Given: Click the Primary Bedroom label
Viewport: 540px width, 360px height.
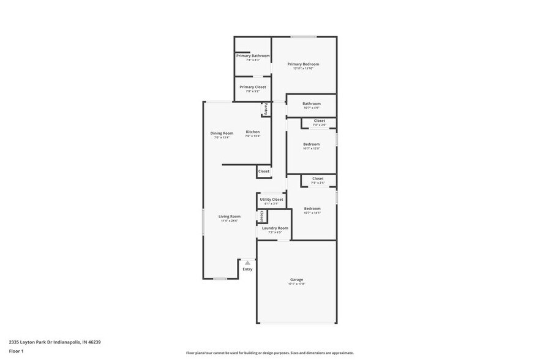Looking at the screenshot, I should (x=303, y=64).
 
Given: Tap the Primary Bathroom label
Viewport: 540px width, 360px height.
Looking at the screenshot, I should (x=253, y=56).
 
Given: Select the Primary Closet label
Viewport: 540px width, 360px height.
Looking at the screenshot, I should (x=253, y=87).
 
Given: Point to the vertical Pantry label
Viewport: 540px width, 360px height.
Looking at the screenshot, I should (x=266, y=109).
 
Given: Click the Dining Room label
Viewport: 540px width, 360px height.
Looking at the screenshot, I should (x=222, y=133).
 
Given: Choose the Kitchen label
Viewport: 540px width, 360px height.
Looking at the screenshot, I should (x=253, y=132).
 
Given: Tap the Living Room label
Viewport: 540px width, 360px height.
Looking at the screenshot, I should (x=230, y=216).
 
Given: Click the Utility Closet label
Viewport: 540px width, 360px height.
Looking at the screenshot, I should (x=271, y=200).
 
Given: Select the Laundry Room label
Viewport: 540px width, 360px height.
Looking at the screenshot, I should (x=275, y=228).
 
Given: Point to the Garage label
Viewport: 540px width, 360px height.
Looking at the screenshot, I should (x=296, y=280).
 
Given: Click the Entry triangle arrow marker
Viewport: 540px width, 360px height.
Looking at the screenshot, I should (x=247, y=263).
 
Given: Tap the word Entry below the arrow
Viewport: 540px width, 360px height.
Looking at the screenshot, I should (x=247, y=269).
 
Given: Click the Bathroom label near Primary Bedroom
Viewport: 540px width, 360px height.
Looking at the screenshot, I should (x=312, y=103).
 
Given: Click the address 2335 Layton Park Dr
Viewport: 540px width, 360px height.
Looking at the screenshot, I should (x=54, y=342).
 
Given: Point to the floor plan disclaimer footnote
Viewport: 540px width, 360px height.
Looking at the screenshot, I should (x=269, y=353).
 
